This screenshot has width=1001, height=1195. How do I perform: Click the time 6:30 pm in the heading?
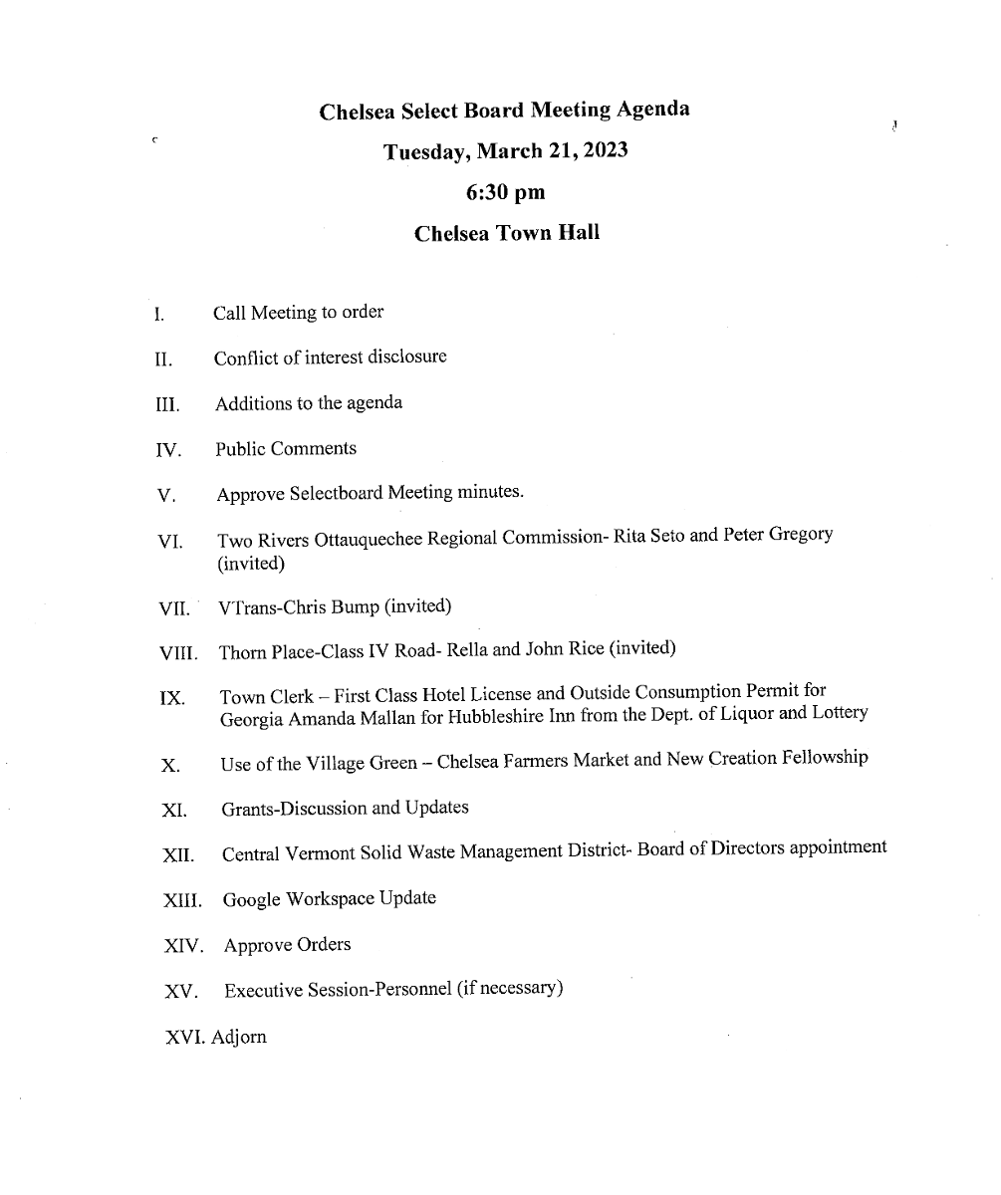(506, 192)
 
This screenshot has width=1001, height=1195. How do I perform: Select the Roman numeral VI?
(169, 543)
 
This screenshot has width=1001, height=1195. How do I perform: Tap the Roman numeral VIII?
(178, 654)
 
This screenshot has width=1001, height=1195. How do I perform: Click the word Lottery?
(835, 713)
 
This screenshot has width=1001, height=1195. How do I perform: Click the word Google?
(252, 899)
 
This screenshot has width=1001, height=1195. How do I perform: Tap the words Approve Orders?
(287, 944)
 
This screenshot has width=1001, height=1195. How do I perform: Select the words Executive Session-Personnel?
(338, 990)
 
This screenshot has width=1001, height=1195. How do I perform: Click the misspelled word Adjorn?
(239, 1037)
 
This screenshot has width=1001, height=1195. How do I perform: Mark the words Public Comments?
(285, 449)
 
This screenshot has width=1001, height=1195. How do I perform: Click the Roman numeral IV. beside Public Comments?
(167, 451)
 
